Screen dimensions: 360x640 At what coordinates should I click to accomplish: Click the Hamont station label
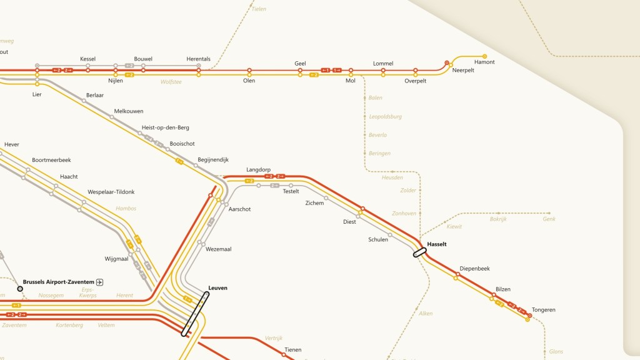[484, 62]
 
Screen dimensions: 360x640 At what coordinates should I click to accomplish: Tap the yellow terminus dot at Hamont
[484, 56]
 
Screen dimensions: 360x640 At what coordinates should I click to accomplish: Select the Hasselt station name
[437, 244]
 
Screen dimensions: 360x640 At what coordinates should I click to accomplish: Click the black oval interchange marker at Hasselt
[419, 252]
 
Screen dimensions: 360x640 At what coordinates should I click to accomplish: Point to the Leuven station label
[217, 288]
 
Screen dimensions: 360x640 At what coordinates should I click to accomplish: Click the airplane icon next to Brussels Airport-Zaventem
[100, 282]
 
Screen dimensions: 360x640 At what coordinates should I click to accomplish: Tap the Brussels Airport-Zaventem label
[59, 282]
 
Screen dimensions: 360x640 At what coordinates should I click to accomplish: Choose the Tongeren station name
[543, 310]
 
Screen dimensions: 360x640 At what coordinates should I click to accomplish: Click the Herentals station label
[199, 59]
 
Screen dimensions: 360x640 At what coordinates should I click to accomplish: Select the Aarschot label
[239, 209]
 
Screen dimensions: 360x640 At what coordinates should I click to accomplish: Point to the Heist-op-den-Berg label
[166, 127]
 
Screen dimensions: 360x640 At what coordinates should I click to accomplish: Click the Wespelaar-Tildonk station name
[111, 192]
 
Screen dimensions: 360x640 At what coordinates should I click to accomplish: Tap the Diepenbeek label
[474, 269]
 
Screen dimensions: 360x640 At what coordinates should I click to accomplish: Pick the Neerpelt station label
[463, 70]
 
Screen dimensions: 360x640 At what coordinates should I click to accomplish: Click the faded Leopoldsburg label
[386, 117]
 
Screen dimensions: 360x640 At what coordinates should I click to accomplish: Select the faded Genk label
[549, 219]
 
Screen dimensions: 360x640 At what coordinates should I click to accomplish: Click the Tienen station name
[292, 350]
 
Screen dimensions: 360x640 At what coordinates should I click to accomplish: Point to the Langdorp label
[258, 169]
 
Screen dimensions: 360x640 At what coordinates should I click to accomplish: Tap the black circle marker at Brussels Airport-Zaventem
[20, 289]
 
